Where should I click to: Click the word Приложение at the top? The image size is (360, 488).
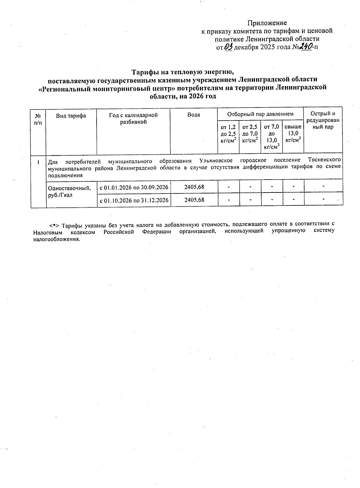267,23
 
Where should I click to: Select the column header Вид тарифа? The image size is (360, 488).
71,116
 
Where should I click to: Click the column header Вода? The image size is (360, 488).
193,115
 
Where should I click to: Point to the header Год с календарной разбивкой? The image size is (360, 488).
133,118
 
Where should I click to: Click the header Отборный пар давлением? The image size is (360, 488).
260,114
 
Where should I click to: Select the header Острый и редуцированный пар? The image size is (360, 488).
323,120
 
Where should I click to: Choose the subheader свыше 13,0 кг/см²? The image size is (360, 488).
293,133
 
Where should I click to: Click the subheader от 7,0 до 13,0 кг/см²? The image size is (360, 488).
271,137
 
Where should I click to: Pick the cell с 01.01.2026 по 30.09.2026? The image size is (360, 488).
134,187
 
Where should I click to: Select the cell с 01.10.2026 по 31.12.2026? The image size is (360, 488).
134,200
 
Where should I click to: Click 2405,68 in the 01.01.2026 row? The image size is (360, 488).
194,187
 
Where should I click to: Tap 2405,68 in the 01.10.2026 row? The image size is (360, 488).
194,200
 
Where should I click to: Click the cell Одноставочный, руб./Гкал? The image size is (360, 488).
69,191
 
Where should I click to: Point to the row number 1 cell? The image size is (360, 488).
38,162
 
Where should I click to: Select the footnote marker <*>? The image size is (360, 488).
53,225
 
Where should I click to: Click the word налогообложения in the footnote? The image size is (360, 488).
57,239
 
